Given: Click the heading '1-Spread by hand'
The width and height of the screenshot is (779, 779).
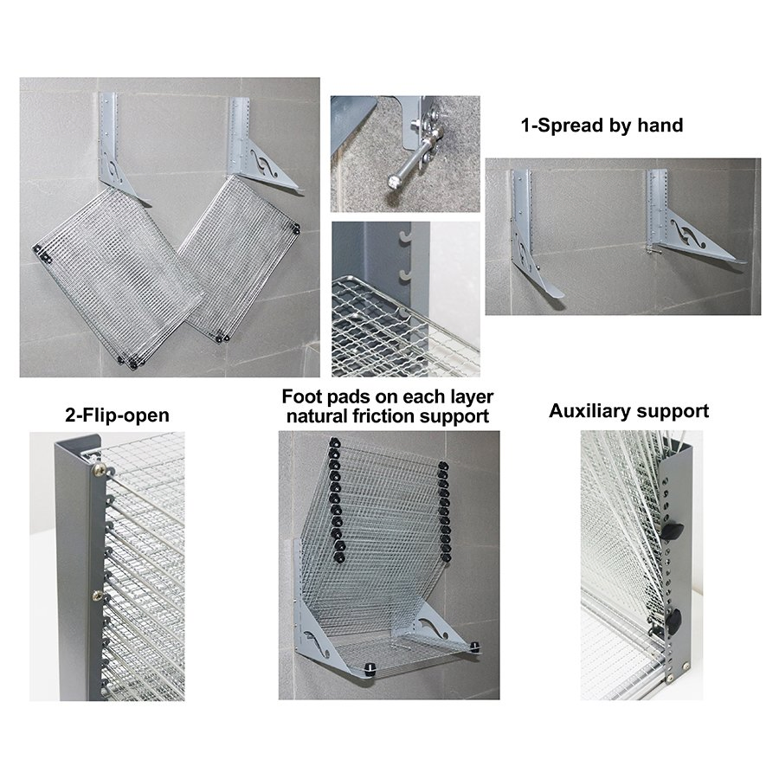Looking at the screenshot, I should pos(602,126).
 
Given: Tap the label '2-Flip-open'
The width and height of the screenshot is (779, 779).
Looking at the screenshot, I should pos(117,416).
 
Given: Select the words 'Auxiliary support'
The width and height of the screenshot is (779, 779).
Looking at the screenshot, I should pos(628,411).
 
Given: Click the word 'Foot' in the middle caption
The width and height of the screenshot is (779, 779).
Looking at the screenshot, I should pos(302,397).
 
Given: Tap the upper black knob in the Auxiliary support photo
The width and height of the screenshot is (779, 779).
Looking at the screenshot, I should pos(674,529).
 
